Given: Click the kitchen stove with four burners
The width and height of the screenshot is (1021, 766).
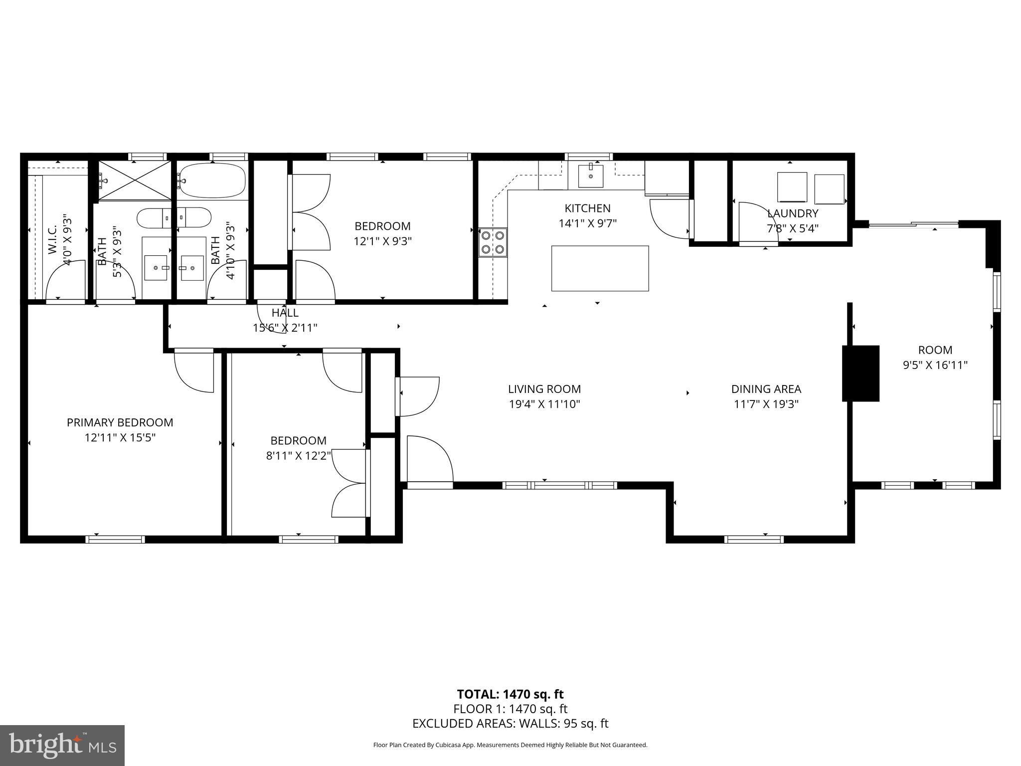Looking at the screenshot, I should tap(493, 242).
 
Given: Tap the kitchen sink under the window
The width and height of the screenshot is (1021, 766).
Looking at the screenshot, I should tap(591, 176).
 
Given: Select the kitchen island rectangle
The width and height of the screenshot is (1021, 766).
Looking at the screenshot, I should tap(600, 268).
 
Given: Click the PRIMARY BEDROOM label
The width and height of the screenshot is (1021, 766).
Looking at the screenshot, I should tap(120, 422).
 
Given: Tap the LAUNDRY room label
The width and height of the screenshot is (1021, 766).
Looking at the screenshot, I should tap(793, 213).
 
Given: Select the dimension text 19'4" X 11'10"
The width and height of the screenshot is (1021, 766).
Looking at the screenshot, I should tap(544, 404).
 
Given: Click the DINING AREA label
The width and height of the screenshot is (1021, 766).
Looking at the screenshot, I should tap(766, 389).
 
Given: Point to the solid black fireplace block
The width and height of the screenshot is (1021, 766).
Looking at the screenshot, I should tap(860, 373).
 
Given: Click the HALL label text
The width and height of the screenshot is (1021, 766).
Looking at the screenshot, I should tap(285, 313).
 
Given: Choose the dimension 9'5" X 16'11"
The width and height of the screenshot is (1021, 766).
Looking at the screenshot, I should tap(935, 365).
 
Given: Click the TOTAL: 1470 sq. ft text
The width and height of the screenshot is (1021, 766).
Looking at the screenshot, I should tap(510, 694).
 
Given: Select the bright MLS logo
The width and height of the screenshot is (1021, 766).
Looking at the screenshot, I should tap(62, 745).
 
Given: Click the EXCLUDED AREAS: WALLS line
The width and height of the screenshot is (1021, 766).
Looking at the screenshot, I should tap(510, 724).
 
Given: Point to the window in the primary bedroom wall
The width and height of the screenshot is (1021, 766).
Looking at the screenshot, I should tap(115, 539).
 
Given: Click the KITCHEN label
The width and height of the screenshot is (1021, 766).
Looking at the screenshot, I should tap(587, 208).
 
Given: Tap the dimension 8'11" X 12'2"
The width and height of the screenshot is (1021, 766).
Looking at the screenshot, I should tap(299, 455).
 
